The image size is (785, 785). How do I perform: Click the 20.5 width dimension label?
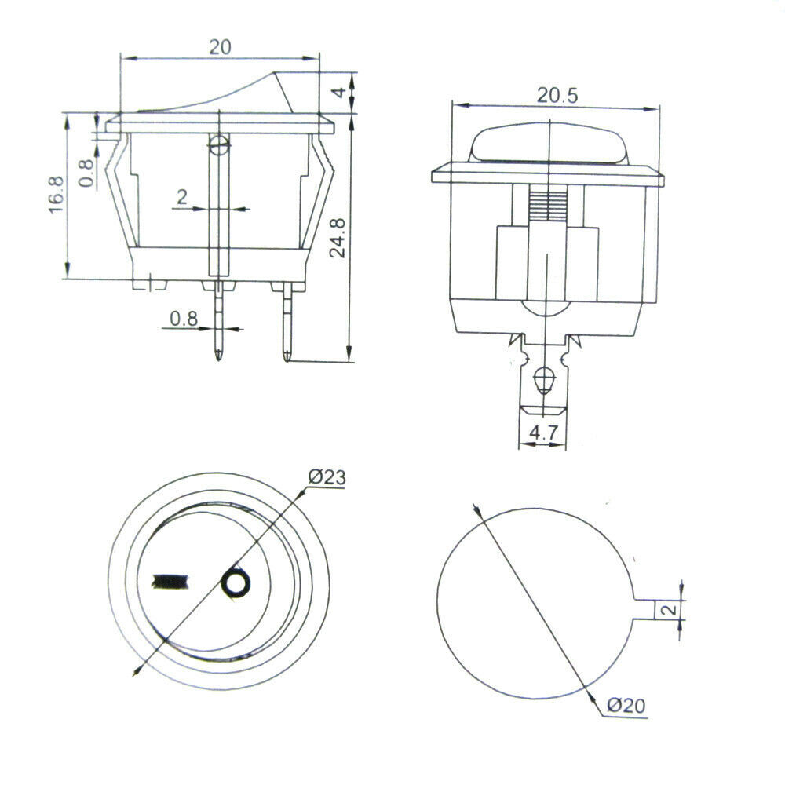[x=557, y=96]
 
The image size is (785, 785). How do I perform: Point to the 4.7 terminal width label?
[x=542, y=433]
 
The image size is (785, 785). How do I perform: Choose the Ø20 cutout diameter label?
[x=626, y=706]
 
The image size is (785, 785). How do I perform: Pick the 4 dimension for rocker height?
[x=338, y=92]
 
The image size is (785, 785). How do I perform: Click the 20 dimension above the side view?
[x=220, y=46]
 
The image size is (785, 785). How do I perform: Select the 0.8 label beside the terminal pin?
[x=184, y=319]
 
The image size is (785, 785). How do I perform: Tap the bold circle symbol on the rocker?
[x=235, y=583]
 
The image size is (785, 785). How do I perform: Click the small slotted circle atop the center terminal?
[x=219, y=145]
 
